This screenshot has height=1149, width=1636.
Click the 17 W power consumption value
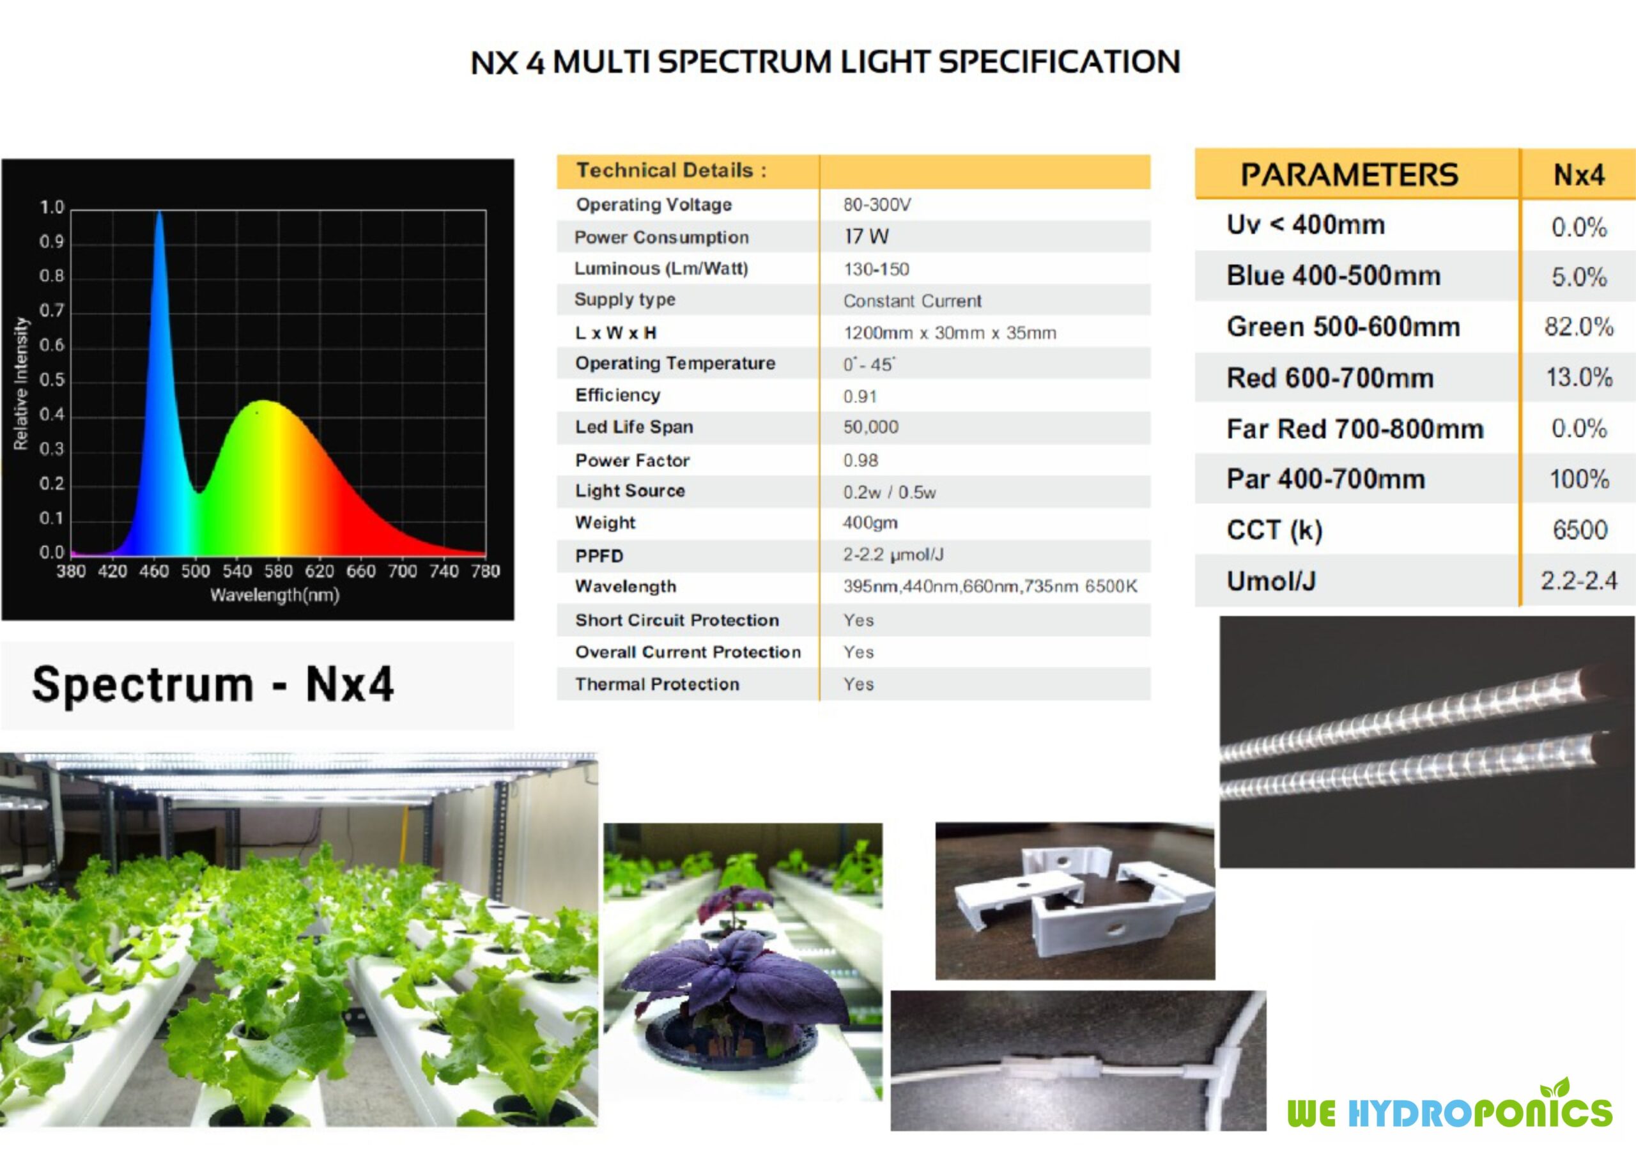pyautogui.click(x=867, y=236)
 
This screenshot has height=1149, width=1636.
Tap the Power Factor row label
pyautogui.click(x=633, y=461)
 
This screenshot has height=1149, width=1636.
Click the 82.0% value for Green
pyautogui.click(x=1578, y=327)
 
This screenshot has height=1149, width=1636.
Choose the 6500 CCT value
pyautogui.click(x=1580, y=530)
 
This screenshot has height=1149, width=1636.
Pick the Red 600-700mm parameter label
pyautogui.click(x=1330, y=378)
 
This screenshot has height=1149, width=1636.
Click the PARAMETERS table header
pyautogui.click(x=1350, y=175)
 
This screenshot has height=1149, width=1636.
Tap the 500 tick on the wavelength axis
pyautogui.click(x=196, y=571)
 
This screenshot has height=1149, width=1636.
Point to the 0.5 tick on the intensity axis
pyautogui.click(x=51, y=380)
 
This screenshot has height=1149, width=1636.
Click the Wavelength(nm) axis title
pyautogui.click(x=274, y=595)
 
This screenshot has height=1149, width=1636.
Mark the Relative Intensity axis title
pyautogui.click(x=21, y=383)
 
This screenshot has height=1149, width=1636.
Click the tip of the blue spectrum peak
pyautogui.click(x=160, y=212)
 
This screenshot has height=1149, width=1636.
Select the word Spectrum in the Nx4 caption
pyautogui.click(x=143, y=684)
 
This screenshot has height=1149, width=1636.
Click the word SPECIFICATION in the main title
pyautogui.click(x=1059, y=62)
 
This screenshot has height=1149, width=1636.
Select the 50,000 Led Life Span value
pyautogui.click(x=871, y=428)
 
